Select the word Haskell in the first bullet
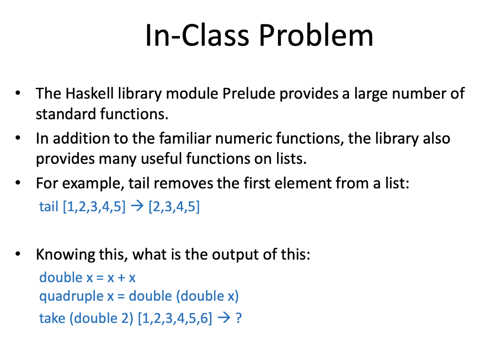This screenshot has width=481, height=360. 90,93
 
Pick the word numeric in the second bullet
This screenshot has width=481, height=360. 243,138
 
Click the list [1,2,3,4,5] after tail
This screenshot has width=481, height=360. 94,207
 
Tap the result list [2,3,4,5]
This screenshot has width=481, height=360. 174,207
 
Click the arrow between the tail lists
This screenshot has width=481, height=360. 137,206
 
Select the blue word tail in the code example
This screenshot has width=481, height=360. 48,207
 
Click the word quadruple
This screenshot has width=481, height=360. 71,296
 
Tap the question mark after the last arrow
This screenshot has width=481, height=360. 239,318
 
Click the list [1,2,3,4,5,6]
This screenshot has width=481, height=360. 175,318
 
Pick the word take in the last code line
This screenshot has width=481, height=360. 52,318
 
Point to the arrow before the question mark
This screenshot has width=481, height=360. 224,318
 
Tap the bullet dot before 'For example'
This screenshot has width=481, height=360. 18,183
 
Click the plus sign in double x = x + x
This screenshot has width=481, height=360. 122,278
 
